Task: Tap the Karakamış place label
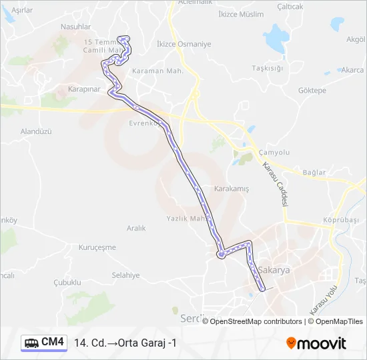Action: (x=232, y=189)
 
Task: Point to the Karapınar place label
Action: (x=83, y=89)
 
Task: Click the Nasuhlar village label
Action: (x=75, y=27)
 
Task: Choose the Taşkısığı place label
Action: (x=268, y=68)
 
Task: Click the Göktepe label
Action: (x=312, y=90)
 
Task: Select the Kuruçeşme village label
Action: (x=97, y=247)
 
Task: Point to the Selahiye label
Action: (x=125, y=275)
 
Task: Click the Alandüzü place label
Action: (x=36, y=132)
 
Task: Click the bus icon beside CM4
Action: (x=31, y=343)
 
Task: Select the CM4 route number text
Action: (x=53, y=343)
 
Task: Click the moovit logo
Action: (x=316, y=343)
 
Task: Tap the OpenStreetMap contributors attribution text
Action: (x=256, y=321)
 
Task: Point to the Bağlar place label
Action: (x=314, y=172)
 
